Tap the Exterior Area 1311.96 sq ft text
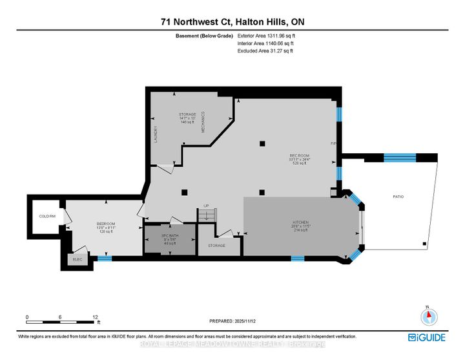click(266, 36)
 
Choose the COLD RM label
click(47, 217)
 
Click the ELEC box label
click(77, 259)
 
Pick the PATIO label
click(398, 196)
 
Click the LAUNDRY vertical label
click(156, 134)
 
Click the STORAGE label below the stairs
click(216, 246)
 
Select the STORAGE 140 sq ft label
click(187, 118)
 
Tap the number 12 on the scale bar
click(95, 317)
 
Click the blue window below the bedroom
click(105, 259)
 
